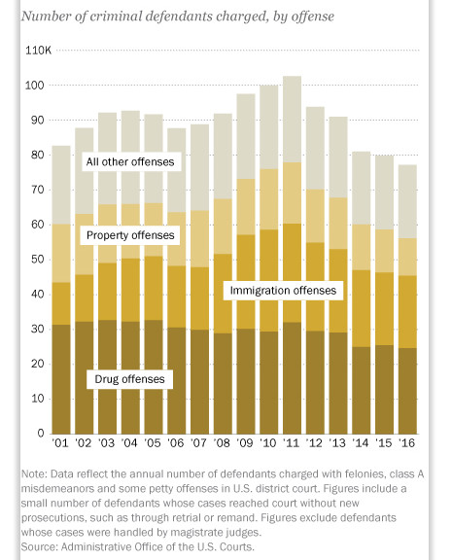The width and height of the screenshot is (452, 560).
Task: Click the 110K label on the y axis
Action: click(x=38, y=51)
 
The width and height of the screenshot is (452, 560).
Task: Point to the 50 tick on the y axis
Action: click(x=38, y=260)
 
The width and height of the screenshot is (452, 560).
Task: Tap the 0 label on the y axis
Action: click(x=41, y=434)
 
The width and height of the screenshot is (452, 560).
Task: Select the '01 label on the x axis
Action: click(x=60, y=443)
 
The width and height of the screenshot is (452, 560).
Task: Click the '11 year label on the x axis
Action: click(x=292, y=443)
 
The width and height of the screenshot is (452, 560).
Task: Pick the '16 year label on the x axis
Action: click(x=406, y=443)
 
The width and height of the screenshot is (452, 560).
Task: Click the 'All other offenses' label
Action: click(x=130, y=161)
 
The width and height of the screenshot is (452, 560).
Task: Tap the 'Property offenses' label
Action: click(x=130, y=235)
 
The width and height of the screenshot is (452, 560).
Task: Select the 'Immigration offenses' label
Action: click(x=283, y=291)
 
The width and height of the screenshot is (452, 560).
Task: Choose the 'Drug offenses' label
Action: click(x=129, y=379)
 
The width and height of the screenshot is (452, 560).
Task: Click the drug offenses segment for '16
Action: click(x=407, y=391)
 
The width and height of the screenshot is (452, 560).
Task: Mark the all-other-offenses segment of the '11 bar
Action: click(x=292, y=120)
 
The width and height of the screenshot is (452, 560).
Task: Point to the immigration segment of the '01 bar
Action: click(x=61, y=303)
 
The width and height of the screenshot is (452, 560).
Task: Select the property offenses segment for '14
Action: click(x=362, y=247)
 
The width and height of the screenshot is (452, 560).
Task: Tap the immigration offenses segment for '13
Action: click(x=338, y=291)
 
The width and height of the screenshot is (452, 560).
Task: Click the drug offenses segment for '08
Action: click(x=223, y=384)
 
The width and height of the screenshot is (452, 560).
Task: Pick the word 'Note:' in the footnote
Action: click(x=34, y=473)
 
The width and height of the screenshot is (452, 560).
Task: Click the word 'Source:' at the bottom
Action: click(x=39, y=546)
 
